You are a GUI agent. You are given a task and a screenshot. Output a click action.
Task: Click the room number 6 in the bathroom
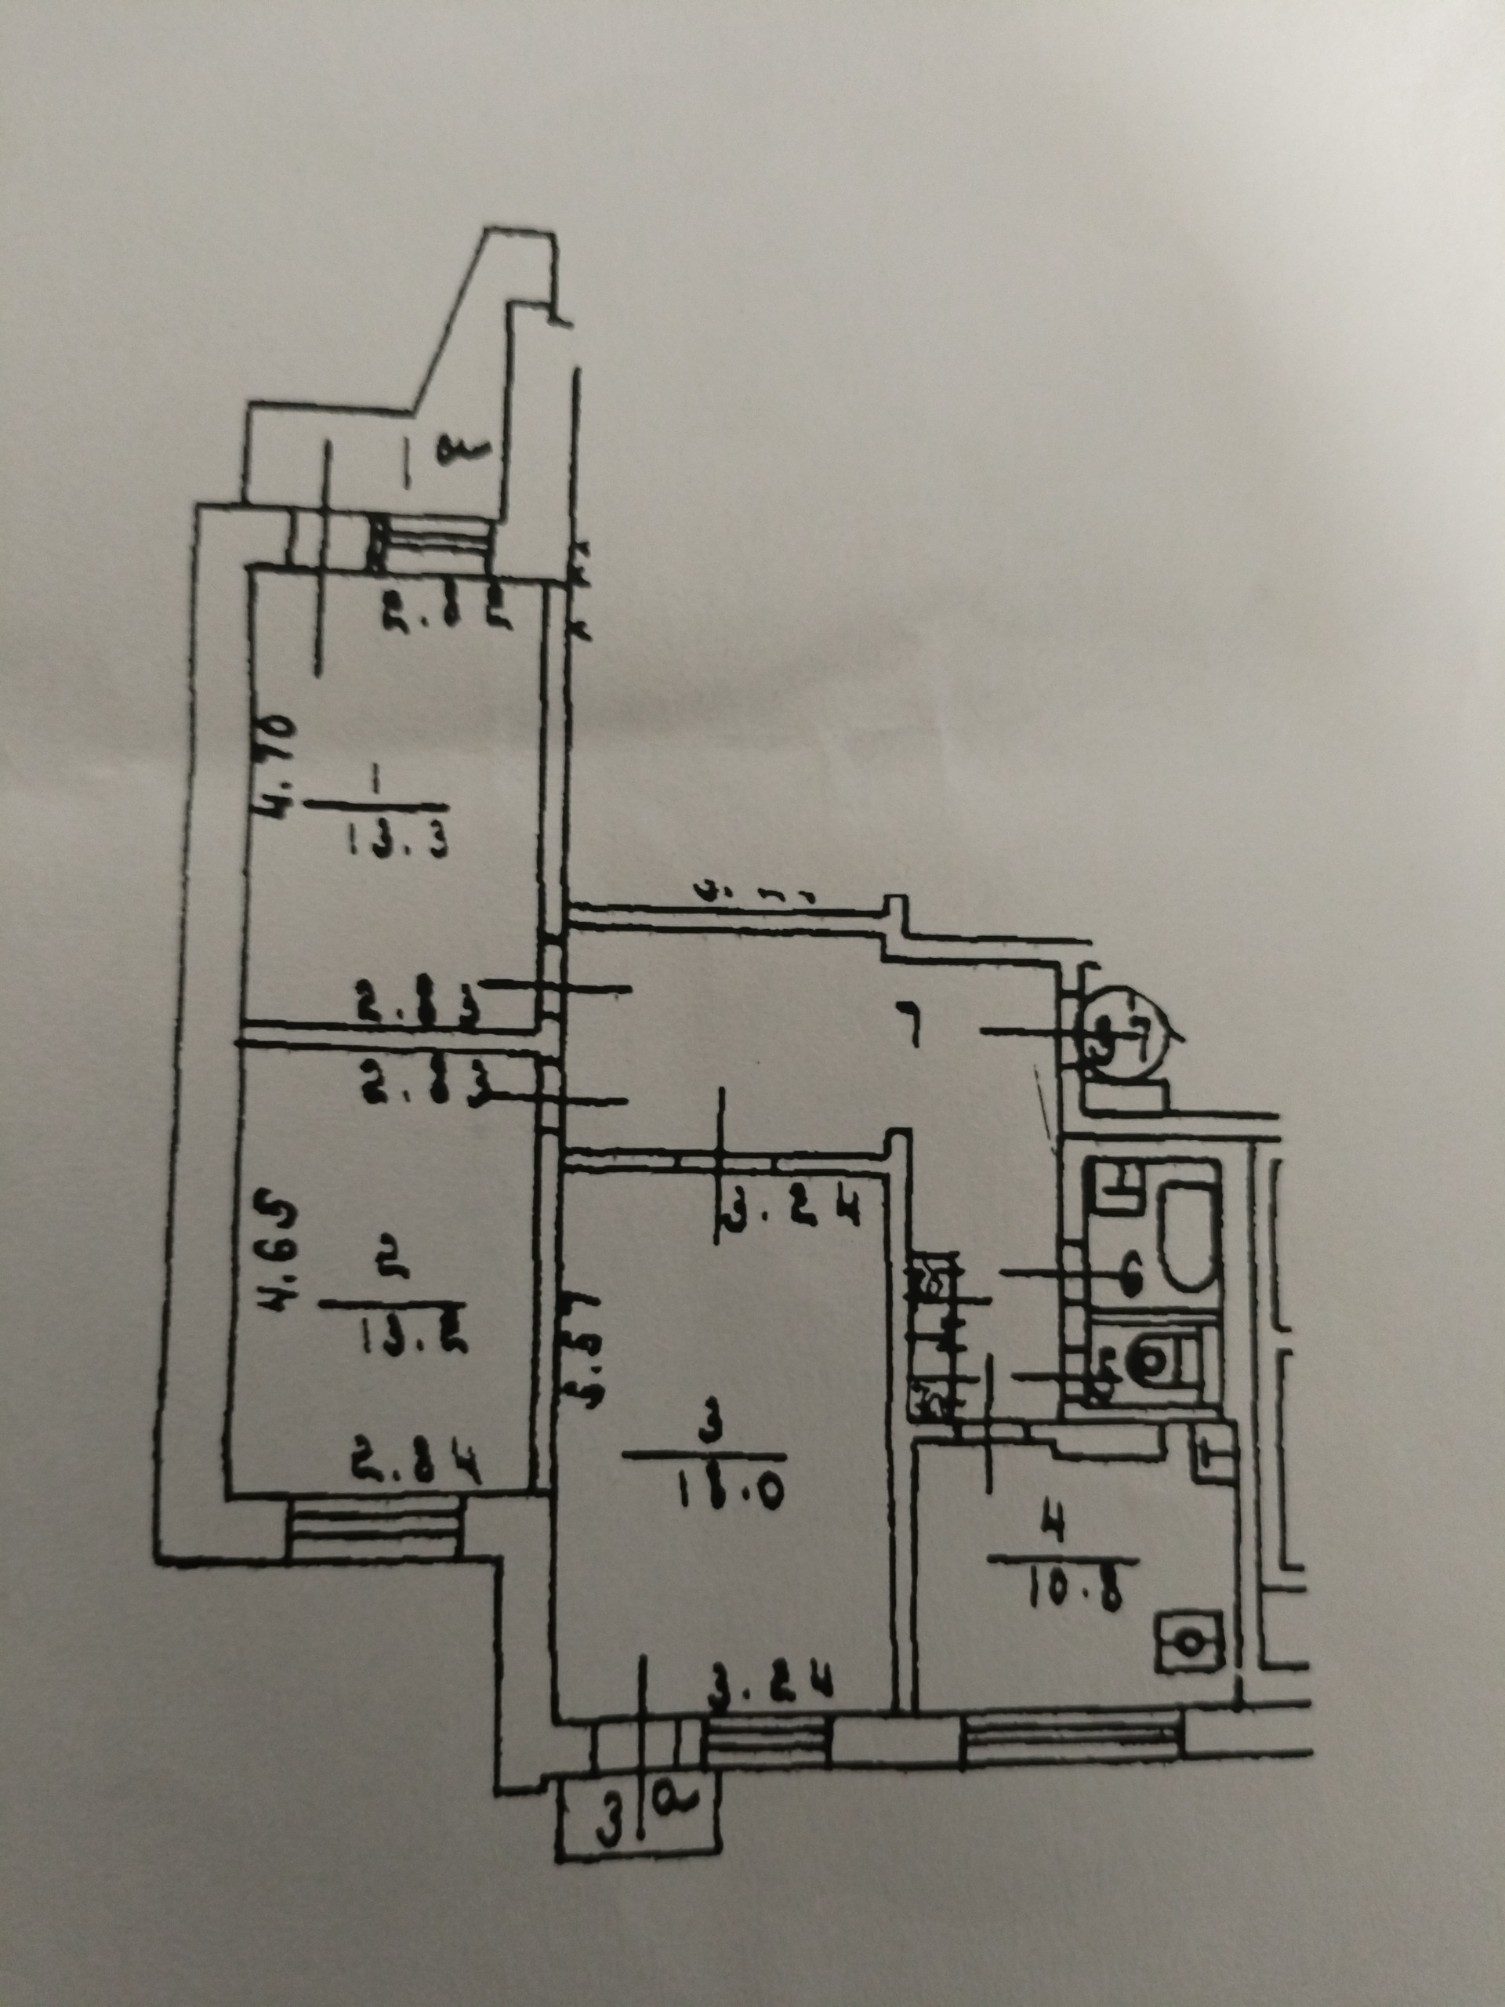pyautogui.click(x=1130, y=1278)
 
